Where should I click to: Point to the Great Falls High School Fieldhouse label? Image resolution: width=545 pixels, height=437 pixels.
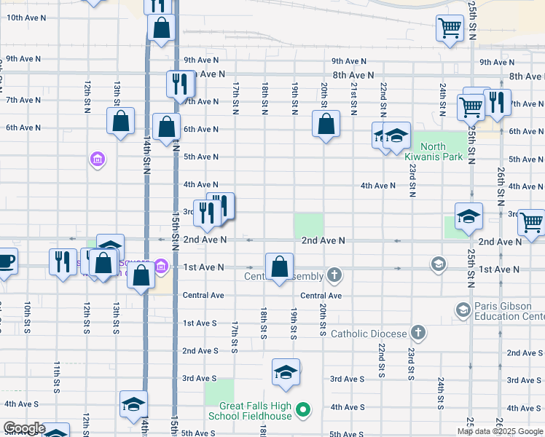click(250, 411)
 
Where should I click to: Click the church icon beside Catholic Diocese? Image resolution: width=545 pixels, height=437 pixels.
click(417, 333)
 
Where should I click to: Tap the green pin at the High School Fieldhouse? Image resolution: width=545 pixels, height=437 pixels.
click(305, 412)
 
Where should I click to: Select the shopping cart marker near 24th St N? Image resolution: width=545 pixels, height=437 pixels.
click(450, 30)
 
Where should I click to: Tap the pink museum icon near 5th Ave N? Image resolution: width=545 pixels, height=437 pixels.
click(97, 158)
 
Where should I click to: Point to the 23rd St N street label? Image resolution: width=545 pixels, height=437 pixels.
click(412, 180)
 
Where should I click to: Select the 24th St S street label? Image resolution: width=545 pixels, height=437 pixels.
click(442, 393)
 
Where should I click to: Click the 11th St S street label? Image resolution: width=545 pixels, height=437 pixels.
click(57, 376)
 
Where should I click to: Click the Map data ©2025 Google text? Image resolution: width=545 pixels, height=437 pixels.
click(500, 431)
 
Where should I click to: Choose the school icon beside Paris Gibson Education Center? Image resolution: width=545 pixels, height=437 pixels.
click(463, 310)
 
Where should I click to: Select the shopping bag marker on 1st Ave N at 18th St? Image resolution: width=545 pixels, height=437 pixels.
click(279, 268)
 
